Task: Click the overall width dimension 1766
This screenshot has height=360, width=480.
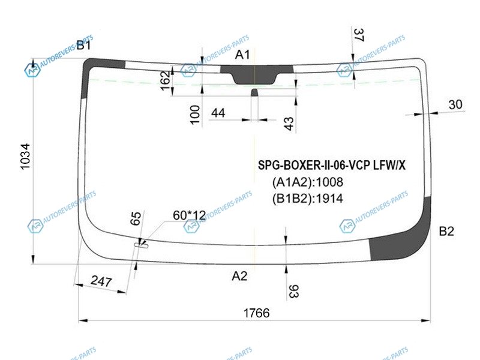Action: [257, 313]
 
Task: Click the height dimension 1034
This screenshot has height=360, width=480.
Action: [25, 156]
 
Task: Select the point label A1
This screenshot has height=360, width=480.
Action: [242, 55]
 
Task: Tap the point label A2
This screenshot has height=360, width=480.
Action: [239, 276]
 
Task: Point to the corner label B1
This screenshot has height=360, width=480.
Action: [83, 46]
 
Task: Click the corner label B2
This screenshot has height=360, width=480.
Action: [446, 231]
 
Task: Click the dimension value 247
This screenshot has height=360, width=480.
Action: [101, 281]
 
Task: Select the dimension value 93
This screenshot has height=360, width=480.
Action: [293, 292]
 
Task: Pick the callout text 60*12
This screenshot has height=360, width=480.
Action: [189, 215]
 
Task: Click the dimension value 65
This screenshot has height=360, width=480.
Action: [136, 218]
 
